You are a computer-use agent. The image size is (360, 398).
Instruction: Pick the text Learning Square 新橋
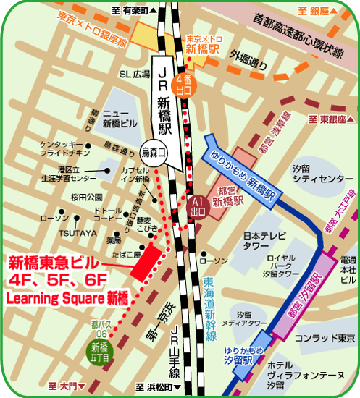click(x=56, y=297)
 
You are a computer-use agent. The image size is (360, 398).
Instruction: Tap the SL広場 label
click(x=134, y=75)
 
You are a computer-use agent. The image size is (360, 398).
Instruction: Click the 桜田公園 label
click(x=86, y=196)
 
